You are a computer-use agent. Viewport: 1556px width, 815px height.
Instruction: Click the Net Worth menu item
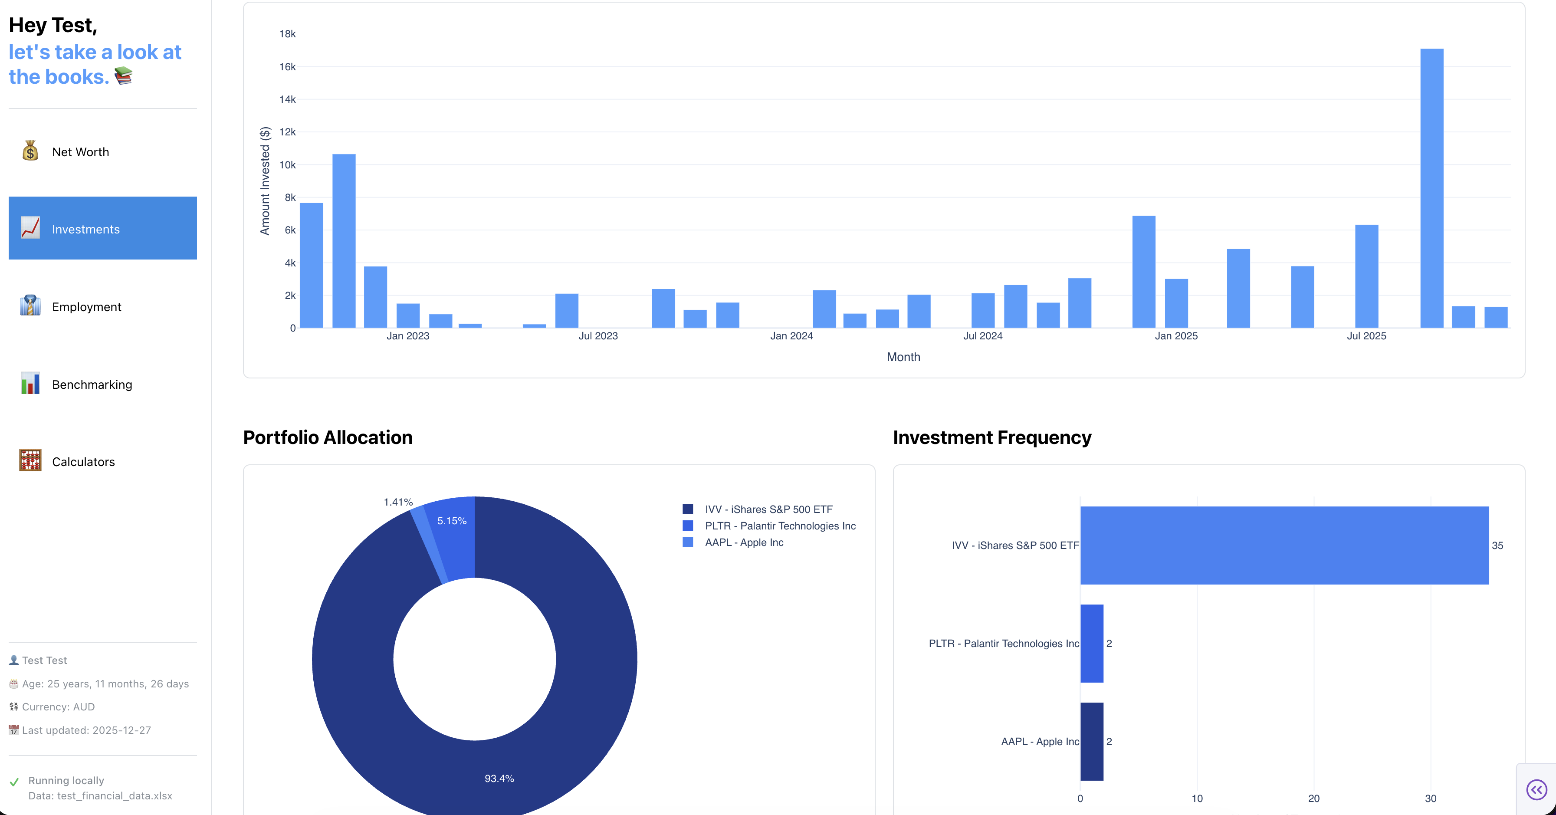[x=80, y=151]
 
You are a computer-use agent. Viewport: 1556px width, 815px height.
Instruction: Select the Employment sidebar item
[x=86, y=307]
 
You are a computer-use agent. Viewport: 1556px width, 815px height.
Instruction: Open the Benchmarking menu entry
[x=92, y=384]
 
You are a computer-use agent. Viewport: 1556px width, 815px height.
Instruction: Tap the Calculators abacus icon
[x=30, y=461]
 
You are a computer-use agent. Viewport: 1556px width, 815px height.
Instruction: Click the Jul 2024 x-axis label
[x=982, y=336]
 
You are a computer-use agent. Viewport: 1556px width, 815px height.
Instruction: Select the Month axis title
[x=903, y=357]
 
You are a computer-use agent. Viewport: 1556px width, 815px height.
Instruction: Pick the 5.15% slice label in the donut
[x=452, y=521]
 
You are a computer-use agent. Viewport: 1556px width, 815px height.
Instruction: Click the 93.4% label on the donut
[x=499, y=778]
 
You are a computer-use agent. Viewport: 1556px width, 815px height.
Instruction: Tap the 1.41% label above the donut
[x=398, y=502]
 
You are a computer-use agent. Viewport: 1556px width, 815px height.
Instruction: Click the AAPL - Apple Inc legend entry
[x=744, y=542]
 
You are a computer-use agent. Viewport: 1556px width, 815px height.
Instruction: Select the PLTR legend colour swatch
[x=687, y=526]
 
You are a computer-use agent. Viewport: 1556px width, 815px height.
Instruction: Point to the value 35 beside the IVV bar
[x=1497, y=546]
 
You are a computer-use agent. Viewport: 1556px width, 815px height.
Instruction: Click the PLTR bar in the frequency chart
[x=1091, y=644]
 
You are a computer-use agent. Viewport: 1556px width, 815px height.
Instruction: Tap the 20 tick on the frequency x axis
[x=1313, y=799]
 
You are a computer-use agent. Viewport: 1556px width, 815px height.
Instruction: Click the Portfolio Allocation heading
[x=328, y=437]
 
